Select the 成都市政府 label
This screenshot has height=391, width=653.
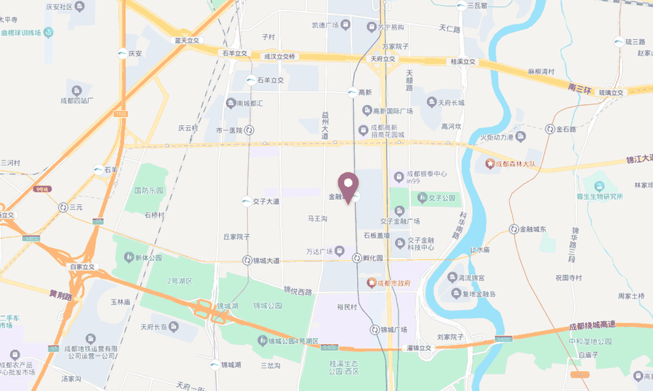[393, 283]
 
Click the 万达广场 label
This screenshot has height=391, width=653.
[320, 251]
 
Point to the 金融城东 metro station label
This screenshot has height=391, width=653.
[537, 229]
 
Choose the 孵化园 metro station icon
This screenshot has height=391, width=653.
[357, 258]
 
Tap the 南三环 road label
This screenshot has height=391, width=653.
[579, 87]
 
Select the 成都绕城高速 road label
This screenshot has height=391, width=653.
[592, 325]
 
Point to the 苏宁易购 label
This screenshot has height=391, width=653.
[390, 27]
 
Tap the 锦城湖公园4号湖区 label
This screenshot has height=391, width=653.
[291, 341]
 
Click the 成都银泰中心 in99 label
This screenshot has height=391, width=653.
[426, 177]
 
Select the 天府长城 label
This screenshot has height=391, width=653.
[451, 102]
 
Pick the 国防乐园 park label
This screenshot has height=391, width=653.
[148, 191]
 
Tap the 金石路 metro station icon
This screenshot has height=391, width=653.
[550, 129]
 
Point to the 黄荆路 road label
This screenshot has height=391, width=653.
[61, 294]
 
